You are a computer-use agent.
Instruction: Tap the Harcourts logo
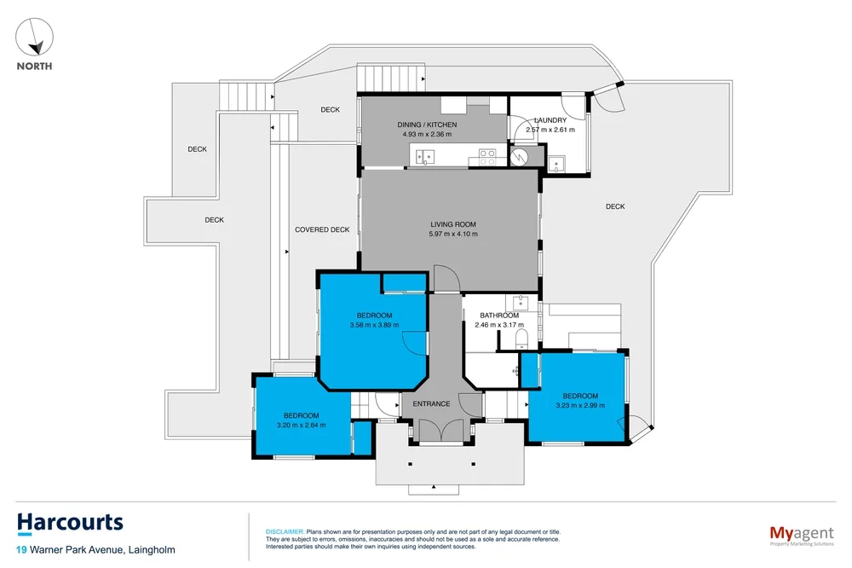(70, 524)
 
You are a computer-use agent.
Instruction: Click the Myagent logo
(802, 536)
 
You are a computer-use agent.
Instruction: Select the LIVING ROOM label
(453, 224)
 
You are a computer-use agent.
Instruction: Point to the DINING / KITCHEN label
(427, 125)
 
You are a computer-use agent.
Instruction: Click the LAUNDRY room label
(550, 120)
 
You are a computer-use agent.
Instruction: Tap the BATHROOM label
(499, 316)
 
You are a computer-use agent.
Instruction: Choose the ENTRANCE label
(431, 403)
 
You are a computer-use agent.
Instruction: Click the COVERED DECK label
(322, 229)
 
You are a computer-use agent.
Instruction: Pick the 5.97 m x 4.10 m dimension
(453, 234)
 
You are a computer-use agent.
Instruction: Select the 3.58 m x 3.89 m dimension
(374, 325)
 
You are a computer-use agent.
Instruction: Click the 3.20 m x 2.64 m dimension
(302, 426)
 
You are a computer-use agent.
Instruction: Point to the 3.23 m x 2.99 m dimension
(580, 405)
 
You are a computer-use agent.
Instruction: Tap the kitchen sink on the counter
(425, 157)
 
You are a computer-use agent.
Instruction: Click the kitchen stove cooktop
(486, 157)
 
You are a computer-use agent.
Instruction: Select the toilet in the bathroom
(520, 339)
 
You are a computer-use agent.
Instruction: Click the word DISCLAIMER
(285, 532)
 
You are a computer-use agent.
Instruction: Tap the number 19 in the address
(21, 550)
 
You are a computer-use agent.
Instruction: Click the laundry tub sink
(556, 164)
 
